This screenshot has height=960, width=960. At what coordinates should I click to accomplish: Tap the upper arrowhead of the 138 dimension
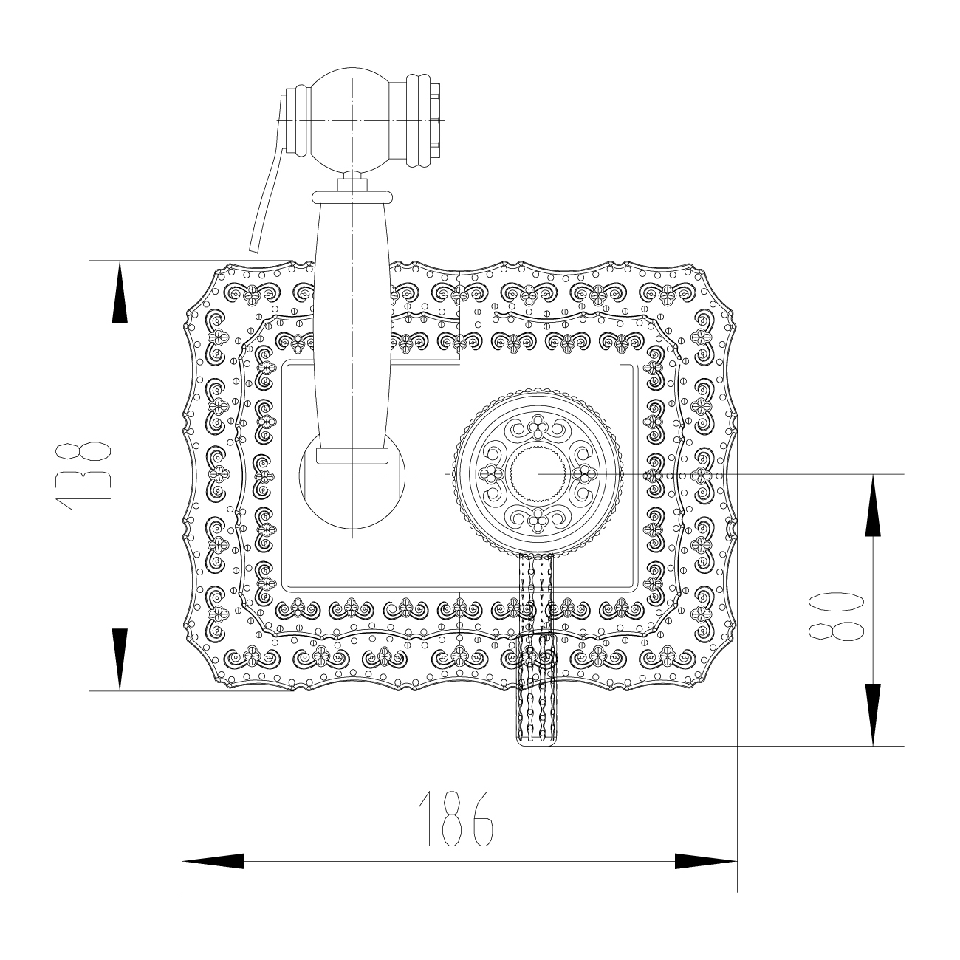119,292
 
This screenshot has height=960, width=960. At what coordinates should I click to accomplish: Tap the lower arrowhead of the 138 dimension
119,659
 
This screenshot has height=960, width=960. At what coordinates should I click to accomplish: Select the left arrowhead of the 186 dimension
214,861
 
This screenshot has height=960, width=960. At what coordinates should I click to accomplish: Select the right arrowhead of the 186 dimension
706,861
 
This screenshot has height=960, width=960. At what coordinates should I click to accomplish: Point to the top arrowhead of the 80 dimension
873,505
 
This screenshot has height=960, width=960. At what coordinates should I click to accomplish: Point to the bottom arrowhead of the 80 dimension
873,714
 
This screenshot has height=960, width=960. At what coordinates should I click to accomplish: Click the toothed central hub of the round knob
538,473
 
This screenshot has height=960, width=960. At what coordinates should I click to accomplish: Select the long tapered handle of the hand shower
352,325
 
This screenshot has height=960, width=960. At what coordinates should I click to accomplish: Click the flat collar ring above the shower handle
352,196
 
